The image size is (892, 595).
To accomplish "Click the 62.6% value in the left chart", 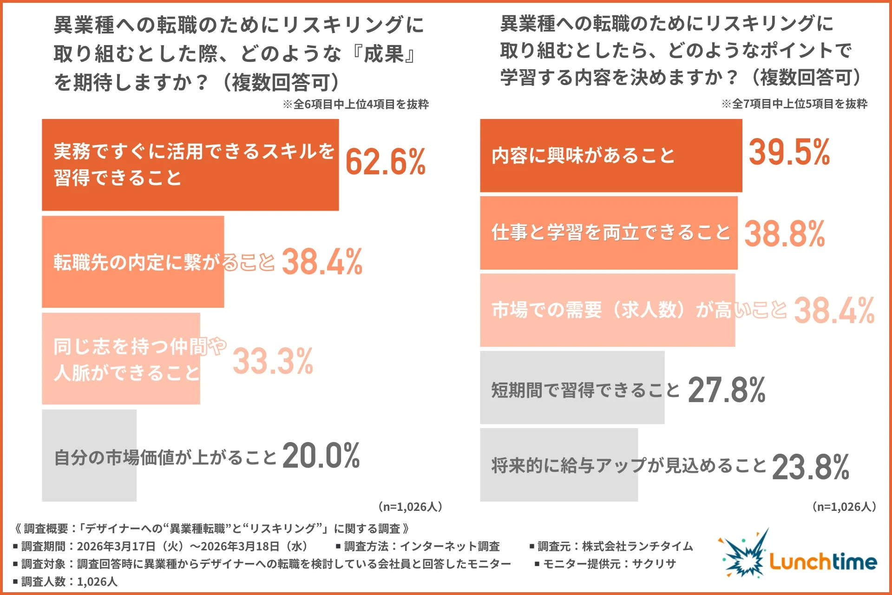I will click(385, 162).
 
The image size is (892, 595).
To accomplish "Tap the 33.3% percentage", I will click(273, 361).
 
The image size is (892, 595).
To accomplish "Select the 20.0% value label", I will click(321, 456).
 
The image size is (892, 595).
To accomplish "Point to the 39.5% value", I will click(789, 152).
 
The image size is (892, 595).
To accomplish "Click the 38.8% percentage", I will click(785, 234).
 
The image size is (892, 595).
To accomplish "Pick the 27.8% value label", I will click(726, 390).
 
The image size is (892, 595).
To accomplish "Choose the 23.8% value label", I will click(810, 467).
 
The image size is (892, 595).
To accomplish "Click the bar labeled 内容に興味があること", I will click(610, 155).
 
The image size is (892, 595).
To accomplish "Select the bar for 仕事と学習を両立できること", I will click(609, 232).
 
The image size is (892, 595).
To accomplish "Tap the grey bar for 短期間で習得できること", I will click(572, 388).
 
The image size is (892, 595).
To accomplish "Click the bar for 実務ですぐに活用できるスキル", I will click(190, 165).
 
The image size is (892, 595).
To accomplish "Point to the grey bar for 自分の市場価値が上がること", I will click(89, 456).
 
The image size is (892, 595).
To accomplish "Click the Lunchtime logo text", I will click(823, 562).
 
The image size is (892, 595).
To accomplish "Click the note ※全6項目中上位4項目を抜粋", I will click(355, 104).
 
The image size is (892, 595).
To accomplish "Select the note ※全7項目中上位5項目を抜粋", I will click(794, 104).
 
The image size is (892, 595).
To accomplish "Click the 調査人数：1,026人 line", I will click(66, 582).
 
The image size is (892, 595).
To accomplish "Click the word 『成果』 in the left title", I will click(383, 54).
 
